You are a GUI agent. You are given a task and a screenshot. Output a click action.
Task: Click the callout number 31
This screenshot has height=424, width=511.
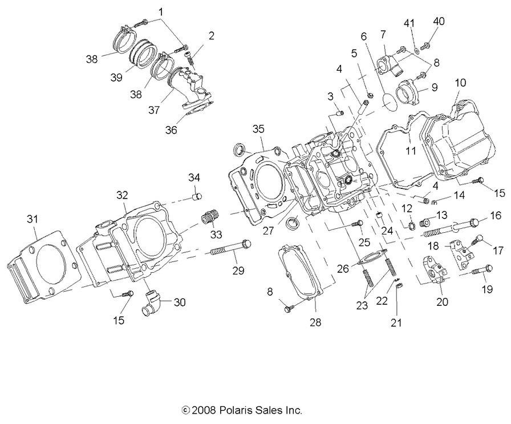[33, 219]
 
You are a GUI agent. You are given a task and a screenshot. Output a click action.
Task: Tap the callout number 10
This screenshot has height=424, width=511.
[460, 83]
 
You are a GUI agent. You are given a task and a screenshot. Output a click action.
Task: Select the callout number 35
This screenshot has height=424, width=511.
[259, 129]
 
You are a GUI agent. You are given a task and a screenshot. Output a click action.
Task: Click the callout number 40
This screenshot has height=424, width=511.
[439, 21]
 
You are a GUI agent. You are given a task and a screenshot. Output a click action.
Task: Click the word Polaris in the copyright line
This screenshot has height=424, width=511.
[241, 410]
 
